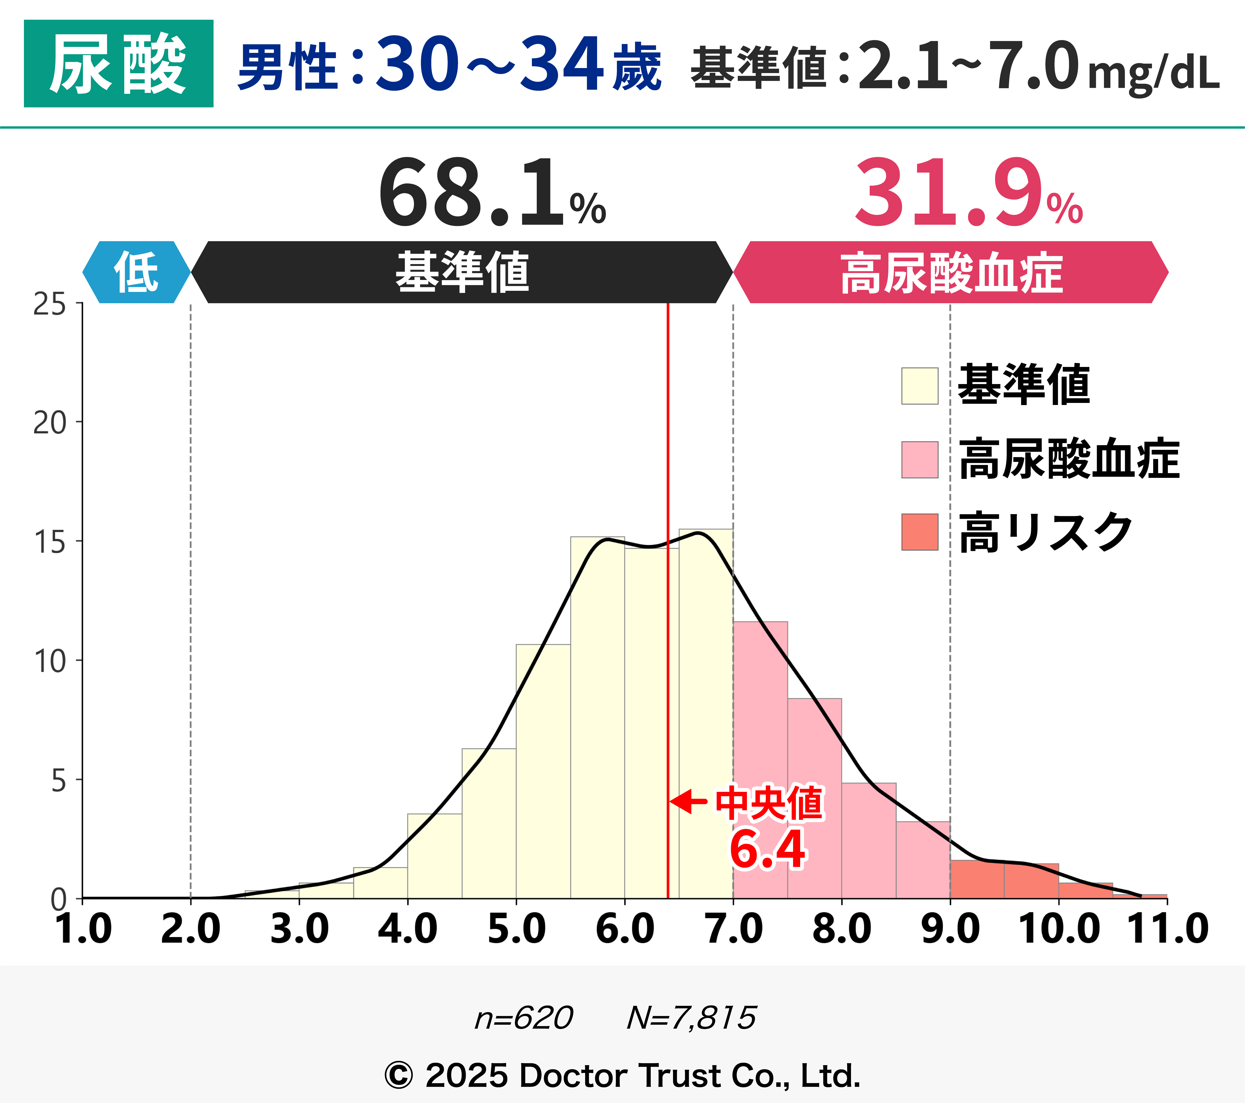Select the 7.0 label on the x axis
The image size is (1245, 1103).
pyautogui.click(x=733, y=929)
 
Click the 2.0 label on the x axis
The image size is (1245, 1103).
pyautogui.click(x=191, y=929)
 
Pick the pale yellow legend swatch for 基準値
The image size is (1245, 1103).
pyautogui.click(x=920, y=386)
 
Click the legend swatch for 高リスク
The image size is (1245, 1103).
pyautogui.click(x=920, y=532)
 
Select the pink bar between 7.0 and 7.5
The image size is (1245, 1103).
pyautogui.click(x=760, y=762)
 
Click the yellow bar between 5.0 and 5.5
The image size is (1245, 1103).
pyautogui.click(x=543, y=774)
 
